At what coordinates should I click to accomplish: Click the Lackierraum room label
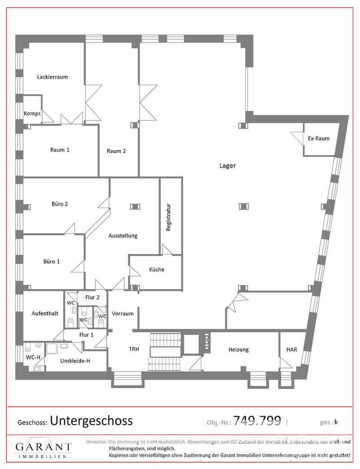(x=52, y=77)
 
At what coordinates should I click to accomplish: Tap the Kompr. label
(x=33, y=114)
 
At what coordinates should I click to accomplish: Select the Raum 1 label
(x=60, y=150)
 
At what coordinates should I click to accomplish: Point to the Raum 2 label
(x=116, y=151)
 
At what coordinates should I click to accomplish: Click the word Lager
(x=228, y=166)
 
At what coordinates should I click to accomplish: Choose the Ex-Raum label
(x=319, y=139)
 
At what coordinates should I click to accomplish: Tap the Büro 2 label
(x=60, y=204)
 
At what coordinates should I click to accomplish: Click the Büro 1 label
(x=51, y=261)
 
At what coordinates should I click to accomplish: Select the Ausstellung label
(x=123, y=236)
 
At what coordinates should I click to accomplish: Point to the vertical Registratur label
(x=168, y=218)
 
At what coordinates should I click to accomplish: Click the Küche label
(x=157, y=270)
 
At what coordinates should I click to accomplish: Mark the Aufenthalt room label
(x=45, y=314)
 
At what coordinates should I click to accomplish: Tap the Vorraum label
(x=122, y=314)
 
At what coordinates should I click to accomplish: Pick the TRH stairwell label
(x=134, y=349)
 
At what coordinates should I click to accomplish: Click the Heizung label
(x=238, y=349)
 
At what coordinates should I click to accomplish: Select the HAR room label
(x=291, y=349)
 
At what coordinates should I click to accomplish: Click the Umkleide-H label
(x=75, y=361)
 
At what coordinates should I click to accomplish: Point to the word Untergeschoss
(x=92, y=420)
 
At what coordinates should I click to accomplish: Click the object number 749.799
(x=257, y=420)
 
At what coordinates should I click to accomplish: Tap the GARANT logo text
(x=44, y=447)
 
